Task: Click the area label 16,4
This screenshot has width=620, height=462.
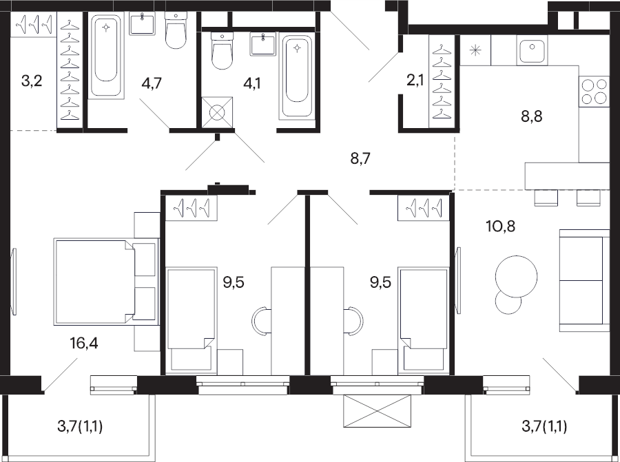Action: [84, 344]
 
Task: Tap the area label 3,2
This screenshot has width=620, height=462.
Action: [32, 82]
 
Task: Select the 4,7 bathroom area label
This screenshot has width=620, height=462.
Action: [152, 83]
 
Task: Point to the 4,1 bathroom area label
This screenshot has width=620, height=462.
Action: [251, 83]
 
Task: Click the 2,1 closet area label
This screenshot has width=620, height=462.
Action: [415, 81]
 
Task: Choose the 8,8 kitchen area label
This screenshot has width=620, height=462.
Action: [531, 116]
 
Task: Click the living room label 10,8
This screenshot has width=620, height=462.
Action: [500, 227]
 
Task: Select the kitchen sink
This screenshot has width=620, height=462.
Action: [532, 50]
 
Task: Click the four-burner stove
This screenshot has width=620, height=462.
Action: [595, 92]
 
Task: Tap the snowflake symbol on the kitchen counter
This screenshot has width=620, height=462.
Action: [475, 50]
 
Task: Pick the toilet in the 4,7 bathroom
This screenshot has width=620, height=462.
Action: [176, 30]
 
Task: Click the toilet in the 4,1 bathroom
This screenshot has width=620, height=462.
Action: [222, 51]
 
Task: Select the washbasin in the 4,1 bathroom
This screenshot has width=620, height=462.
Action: [263, 44]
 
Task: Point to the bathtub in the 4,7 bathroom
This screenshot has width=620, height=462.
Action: [105, 55]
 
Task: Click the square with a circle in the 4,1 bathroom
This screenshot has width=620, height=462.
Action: [217, 112]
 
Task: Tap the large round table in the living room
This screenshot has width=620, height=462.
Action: [517, 276]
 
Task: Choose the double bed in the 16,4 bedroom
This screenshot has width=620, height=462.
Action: [106, 282]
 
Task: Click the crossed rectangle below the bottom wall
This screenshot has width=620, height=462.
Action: [378, 411]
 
